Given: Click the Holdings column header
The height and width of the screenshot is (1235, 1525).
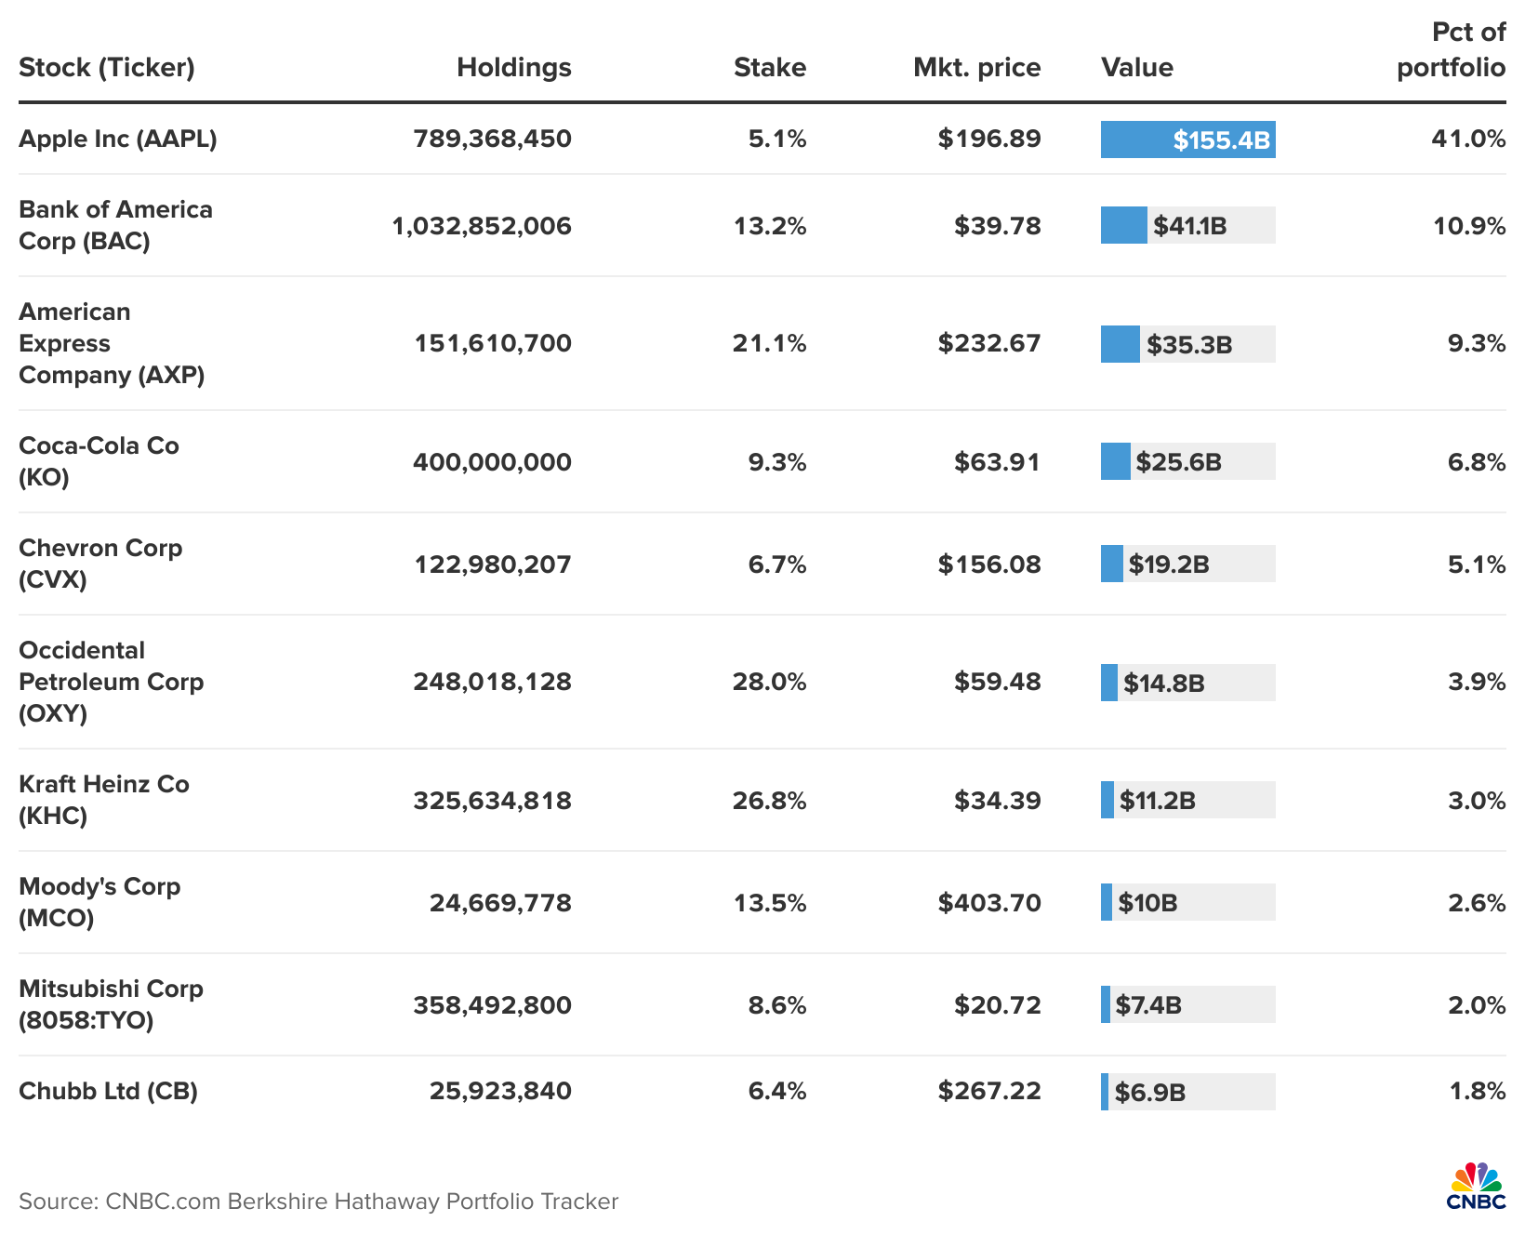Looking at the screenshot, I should click(513, 68).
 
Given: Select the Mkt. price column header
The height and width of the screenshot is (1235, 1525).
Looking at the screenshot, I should click(976, 68).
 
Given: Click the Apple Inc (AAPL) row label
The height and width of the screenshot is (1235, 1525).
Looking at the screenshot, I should click(118, 139).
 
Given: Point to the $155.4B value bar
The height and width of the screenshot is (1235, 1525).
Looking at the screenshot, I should click(1187, 140).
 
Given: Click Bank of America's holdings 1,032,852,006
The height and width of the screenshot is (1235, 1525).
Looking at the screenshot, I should click(482, 227).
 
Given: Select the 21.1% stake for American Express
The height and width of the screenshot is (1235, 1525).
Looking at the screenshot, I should click(769, 344).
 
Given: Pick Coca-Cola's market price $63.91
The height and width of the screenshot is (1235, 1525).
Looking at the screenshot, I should click(997, 462).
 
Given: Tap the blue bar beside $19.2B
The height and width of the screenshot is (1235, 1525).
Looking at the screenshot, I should click(1111, 564).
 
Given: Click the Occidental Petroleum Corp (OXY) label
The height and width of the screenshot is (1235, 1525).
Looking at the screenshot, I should click(111, 682).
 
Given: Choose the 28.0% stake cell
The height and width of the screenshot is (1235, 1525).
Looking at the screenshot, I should click(769, 683).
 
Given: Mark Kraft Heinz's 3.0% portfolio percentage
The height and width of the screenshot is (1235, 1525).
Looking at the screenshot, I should click(1476, 801).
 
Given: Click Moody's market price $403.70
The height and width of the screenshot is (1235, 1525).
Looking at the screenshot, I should click(989, 903).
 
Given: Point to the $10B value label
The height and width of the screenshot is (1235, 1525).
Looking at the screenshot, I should click(1147, 904).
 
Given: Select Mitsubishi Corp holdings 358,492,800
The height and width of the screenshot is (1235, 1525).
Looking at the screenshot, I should click(492, 1005).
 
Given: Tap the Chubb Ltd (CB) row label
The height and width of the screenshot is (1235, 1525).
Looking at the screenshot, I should click(108, 1091).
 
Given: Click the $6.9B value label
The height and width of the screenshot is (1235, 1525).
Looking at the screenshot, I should click(1149, 1093).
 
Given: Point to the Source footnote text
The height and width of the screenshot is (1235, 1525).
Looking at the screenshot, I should click(318, 1202).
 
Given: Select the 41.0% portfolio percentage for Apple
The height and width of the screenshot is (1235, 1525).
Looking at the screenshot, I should click(1468, 139).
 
